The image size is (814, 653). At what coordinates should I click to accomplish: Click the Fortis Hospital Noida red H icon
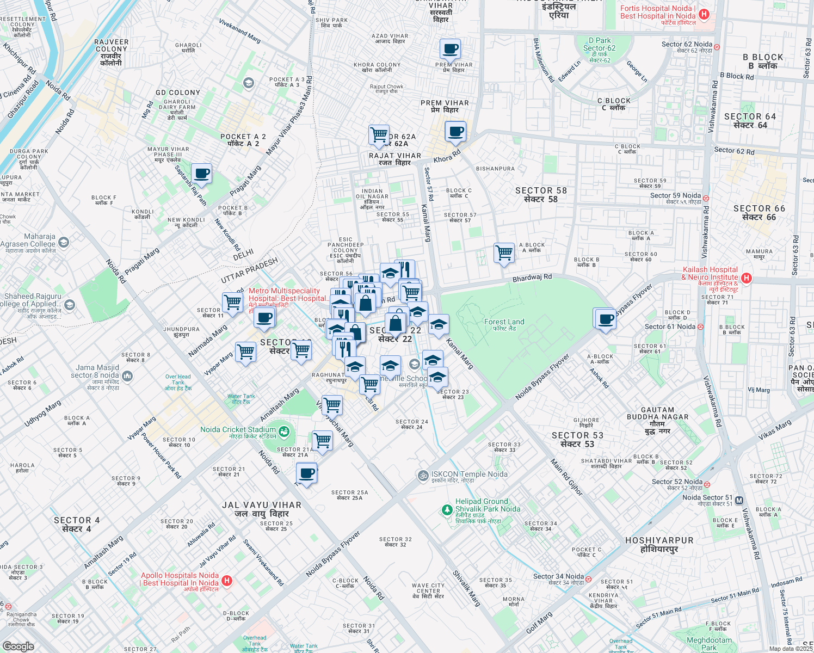704,14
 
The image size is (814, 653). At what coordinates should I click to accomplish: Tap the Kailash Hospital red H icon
747,278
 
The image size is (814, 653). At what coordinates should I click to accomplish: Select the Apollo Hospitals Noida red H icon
227,581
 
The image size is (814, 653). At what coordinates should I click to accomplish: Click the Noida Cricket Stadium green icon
284,432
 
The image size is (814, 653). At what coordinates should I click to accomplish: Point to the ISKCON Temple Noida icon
423,476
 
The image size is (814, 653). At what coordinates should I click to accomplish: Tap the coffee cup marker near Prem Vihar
450,50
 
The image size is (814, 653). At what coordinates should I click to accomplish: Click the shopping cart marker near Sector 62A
379,134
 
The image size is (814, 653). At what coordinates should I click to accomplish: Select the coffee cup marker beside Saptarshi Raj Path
201,174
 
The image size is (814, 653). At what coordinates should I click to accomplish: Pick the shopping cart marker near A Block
504,253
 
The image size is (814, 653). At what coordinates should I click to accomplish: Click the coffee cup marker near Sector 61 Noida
605,319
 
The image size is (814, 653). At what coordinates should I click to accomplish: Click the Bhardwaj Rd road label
532,278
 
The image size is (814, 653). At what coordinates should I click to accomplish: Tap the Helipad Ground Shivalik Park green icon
447,509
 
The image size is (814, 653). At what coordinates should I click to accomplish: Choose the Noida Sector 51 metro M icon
739,501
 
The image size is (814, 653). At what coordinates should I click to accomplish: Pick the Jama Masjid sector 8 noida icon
127,375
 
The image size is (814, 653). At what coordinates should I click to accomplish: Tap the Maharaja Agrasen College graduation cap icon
64,242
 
